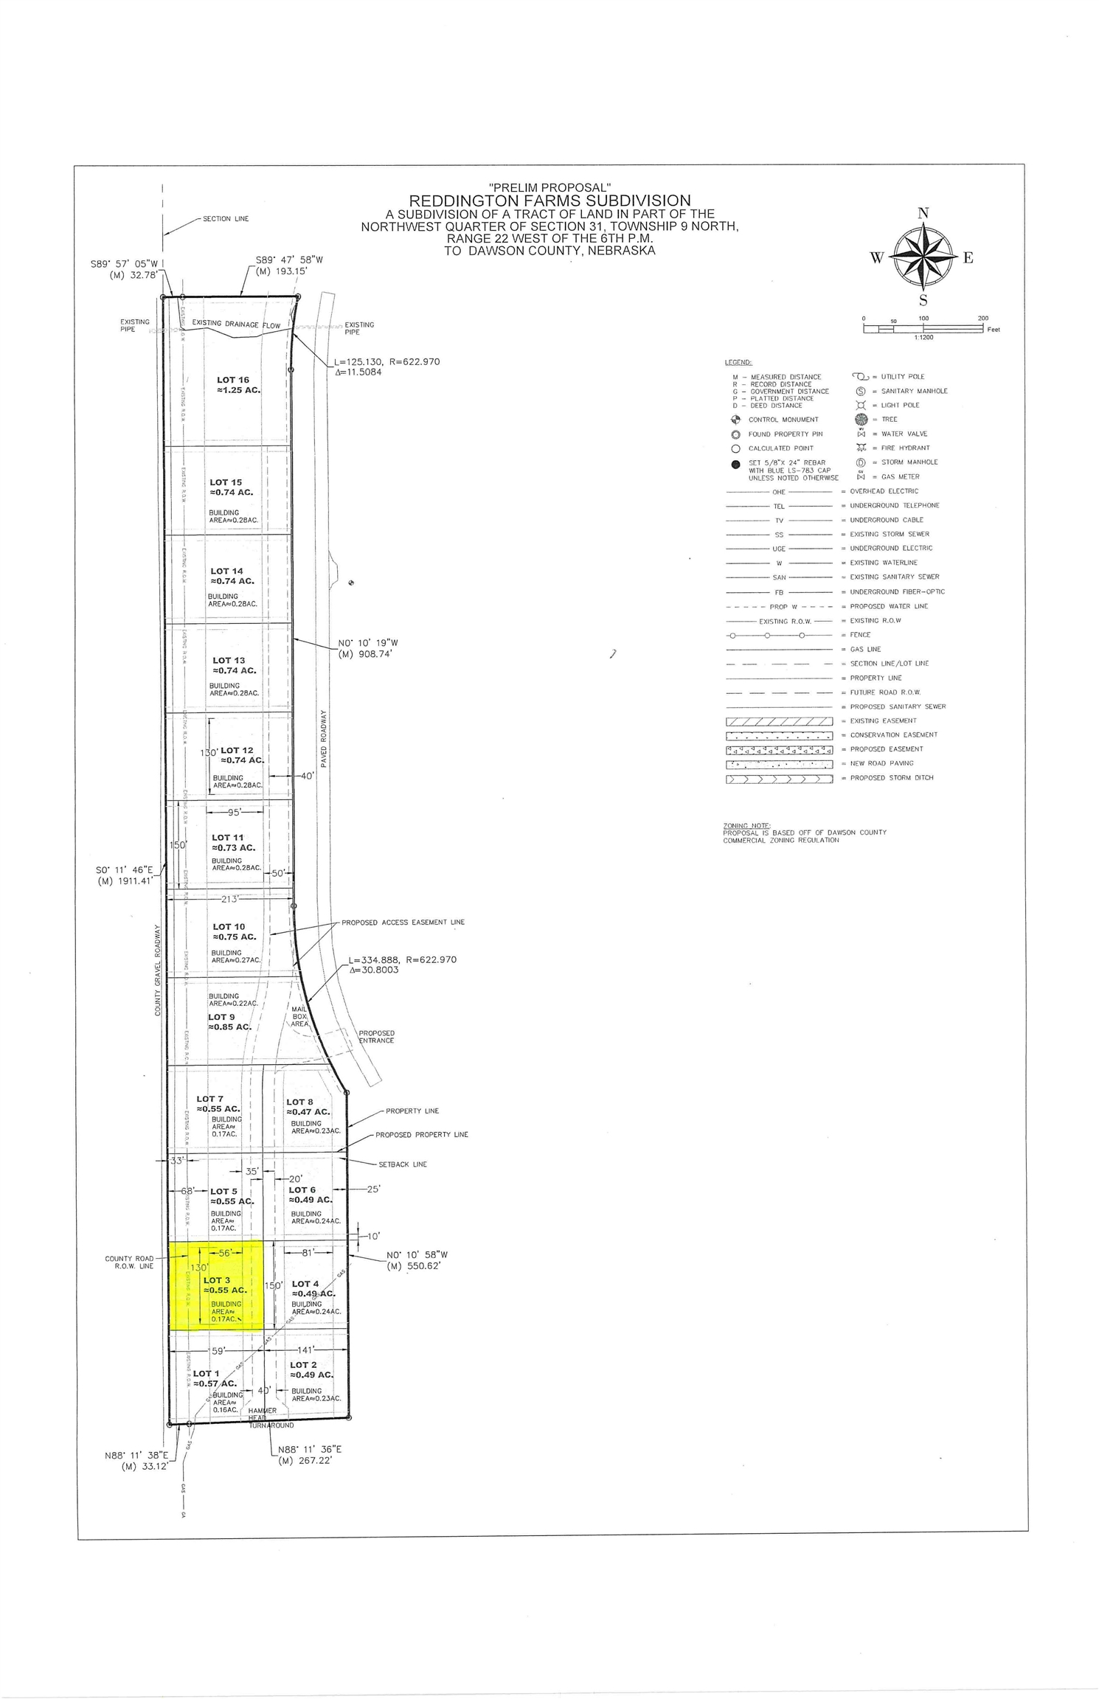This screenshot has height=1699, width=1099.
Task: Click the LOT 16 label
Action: click(232, 381)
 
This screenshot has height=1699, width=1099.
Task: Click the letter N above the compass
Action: click(923, 214)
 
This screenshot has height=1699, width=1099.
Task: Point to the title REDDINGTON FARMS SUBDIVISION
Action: click(549, 201)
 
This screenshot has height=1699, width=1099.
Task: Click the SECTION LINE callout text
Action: click(226, 219)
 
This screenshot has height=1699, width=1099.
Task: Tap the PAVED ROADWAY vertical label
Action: click(323, 738)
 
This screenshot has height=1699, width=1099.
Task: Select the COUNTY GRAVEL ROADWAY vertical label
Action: click(158, 970)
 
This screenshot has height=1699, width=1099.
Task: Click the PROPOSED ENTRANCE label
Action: click(376, 1037)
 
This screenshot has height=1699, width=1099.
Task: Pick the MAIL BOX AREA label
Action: click(299, 1016)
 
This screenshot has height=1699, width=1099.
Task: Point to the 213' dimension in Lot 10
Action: click(230, 899)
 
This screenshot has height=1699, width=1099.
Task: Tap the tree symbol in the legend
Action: click(860, 420)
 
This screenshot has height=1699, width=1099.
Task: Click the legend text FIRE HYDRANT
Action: click(905, 448)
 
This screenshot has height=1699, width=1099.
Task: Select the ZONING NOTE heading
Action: click(746, 825)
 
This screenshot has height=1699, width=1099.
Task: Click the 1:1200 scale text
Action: click(923, 337)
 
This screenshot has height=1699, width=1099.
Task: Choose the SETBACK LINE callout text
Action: click(403, 1164)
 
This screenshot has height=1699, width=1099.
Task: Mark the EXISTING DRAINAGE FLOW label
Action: click(236, 324)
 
